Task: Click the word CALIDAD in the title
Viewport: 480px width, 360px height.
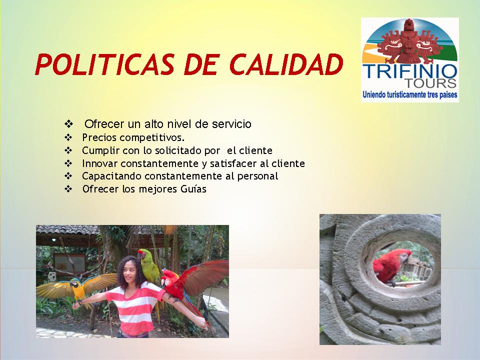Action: (286, 64)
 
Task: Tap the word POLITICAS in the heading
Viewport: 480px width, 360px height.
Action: (104, 64)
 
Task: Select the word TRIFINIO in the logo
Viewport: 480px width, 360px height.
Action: (410, 71)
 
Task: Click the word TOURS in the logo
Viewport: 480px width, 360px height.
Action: (431, 83)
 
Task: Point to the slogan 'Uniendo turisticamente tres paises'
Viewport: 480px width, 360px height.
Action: (410, 94)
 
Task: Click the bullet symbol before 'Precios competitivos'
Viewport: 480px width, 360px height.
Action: (68, 137)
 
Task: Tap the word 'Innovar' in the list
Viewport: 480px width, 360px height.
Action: (100, 163)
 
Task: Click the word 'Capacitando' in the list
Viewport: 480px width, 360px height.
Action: (111, 176)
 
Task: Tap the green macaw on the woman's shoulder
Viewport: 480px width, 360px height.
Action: (148, 266)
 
